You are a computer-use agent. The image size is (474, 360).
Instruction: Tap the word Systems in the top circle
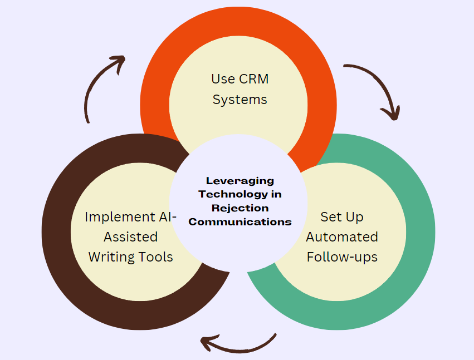240,100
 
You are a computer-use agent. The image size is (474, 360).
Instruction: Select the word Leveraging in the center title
240,181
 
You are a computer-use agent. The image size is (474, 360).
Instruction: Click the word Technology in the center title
240,194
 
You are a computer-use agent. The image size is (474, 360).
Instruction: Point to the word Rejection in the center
240,208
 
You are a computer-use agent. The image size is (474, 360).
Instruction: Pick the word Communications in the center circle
240,221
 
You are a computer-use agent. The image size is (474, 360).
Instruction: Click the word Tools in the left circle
155,257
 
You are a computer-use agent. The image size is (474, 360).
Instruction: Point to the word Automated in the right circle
342,237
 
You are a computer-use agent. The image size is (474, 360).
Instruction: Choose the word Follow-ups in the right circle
342,257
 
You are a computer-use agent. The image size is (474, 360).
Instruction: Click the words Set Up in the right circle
342,217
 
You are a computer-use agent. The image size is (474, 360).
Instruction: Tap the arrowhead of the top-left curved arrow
118,61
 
